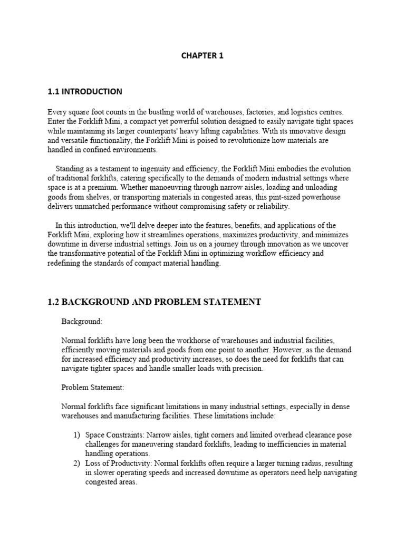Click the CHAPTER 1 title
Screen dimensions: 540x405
(x=202, y=56)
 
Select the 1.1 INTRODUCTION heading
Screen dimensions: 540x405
(x=84, y=91)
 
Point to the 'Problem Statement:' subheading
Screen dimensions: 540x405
(x=93, y=388)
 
